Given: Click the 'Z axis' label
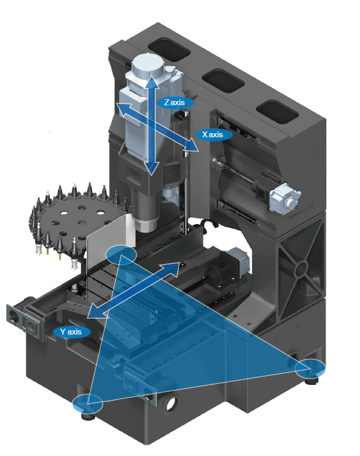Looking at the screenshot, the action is coord(175,103).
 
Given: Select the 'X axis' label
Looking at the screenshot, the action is coord(213,135).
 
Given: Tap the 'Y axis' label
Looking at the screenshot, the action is coord(71,332).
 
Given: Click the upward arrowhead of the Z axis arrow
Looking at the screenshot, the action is coord(152,82).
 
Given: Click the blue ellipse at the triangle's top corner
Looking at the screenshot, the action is coord(121,255).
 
